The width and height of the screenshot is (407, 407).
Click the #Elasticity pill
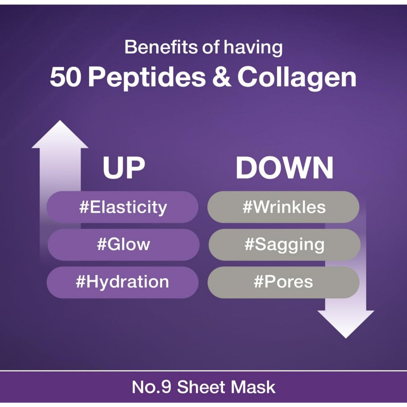click(x=122, y=207)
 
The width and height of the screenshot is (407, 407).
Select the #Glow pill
click(x=124, y=244)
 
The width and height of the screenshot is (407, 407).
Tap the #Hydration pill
click(x=122, y=282)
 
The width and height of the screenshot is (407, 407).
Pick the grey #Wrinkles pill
click(x=283, y=207)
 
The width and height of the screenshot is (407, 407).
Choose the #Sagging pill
click(x=285, y=244)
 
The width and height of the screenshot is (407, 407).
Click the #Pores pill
click(x=283, y=282)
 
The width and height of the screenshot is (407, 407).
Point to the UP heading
click(x=124, y=168)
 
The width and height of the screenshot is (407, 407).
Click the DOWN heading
click(x=285, y=168)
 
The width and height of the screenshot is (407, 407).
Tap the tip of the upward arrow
click(x=60, y=120)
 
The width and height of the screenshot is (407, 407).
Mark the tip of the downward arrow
click(x=346, y=338)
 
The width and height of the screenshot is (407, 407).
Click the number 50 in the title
click(x=65, y=77)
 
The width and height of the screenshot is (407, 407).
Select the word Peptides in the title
click(x=147, y=78)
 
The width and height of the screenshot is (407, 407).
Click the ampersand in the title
click(x=221, y=77)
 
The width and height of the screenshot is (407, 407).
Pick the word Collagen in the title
click(x=297, y=78)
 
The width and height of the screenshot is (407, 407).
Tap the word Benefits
click(x=161, y=47)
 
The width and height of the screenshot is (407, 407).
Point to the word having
click(x=253, y=48)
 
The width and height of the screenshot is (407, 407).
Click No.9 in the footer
click(x=151, y=387)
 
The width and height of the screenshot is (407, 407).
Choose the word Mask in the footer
click(x=251, y=387)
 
